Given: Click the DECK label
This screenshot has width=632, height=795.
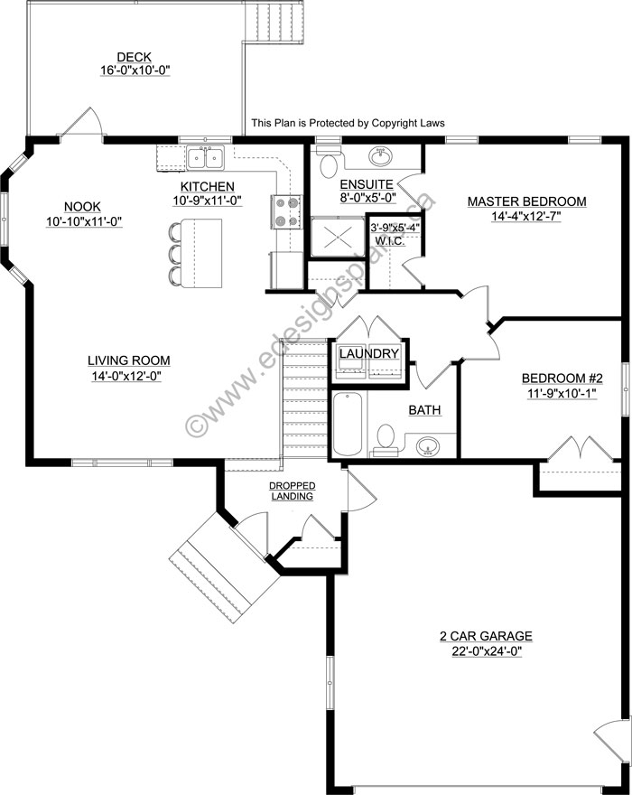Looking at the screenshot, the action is [135, 57].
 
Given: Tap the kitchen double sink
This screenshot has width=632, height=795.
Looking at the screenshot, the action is [206, 158].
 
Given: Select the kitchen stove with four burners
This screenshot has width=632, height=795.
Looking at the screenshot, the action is [286, 211].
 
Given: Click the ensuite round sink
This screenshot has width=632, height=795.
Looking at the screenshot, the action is [379, 156].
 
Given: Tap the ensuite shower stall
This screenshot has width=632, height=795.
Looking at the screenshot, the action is [337, 237].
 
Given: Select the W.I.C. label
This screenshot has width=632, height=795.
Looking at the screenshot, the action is [390, 241].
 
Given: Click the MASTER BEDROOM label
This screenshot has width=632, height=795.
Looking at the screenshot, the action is [526, 201].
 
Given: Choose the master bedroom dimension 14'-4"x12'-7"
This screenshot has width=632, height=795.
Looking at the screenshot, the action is [526, 217].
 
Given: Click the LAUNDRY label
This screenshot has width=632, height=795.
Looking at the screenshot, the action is [368, 353].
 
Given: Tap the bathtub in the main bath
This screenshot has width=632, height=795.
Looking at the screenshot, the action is [348, 424].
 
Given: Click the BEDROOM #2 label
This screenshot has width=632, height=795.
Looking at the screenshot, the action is [562, 379].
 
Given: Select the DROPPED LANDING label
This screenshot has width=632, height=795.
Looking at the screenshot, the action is [292, 491].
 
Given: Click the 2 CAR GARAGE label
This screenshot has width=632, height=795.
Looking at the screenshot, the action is [486, 636].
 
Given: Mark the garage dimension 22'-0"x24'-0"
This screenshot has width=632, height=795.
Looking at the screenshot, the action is [487, 651].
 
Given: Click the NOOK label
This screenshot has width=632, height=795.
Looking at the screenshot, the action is [82, 206].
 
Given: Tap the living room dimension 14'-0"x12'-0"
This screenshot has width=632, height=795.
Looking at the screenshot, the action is [126, 376].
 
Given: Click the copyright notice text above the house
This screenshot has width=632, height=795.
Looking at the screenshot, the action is [349, 123].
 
